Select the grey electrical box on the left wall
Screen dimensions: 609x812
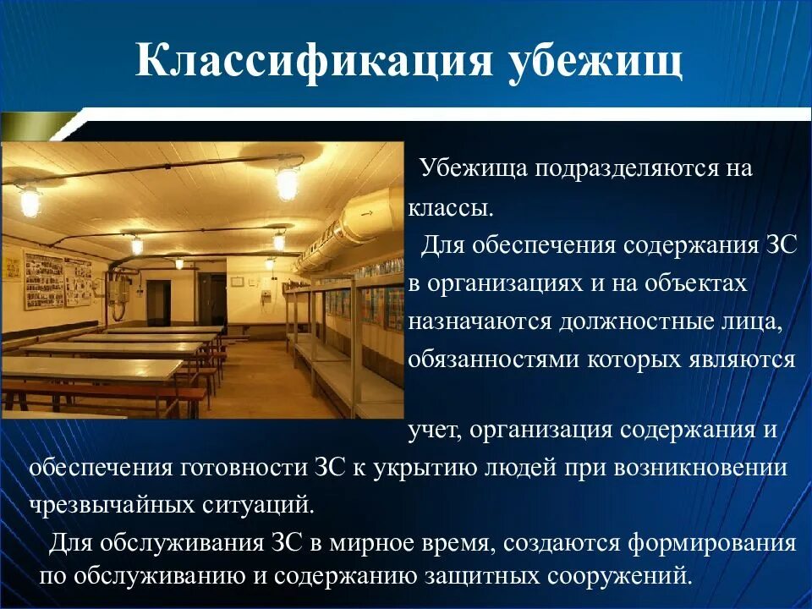(118, 292)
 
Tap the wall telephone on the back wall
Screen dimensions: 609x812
(266, 299)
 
